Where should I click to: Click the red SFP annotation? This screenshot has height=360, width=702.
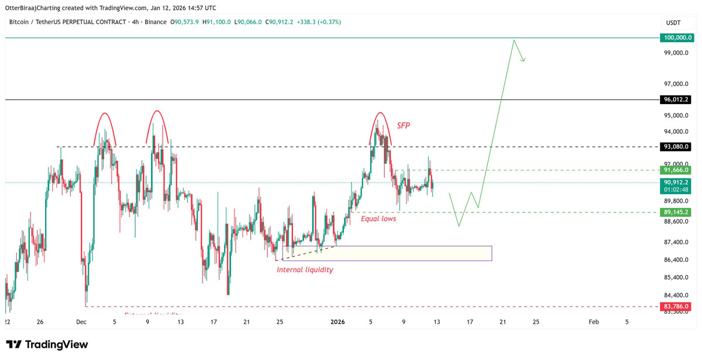point(404,125)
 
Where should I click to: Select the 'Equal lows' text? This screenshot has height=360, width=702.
point(378,218)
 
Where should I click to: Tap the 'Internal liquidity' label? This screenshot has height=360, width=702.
point(305,270)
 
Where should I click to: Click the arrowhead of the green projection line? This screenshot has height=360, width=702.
point(524,58)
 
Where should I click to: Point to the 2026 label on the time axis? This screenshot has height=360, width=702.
point(338,321)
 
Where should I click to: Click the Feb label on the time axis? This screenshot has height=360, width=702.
point(594,321)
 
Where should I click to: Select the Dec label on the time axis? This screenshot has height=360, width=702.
point(81,321)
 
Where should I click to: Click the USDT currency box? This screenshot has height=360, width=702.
point(673,22)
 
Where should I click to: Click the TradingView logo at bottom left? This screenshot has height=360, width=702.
point(47,345)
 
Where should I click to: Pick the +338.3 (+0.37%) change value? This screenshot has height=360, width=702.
point(319,22)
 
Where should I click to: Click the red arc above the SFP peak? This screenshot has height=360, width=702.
point(380,113)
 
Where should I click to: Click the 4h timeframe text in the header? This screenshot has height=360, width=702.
point(136,22)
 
